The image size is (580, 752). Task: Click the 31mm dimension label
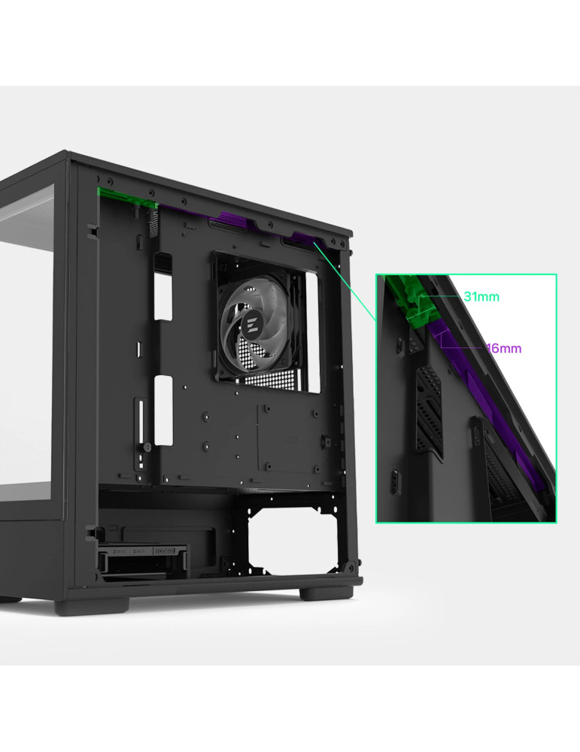point(481,297)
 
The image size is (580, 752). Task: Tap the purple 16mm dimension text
point(504,348)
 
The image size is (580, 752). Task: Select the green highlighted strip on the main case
point(127,197)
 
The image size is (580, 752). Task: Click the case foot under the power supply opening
point(326,593)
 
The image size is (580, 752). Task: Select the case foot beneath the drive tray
point(91,605)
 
